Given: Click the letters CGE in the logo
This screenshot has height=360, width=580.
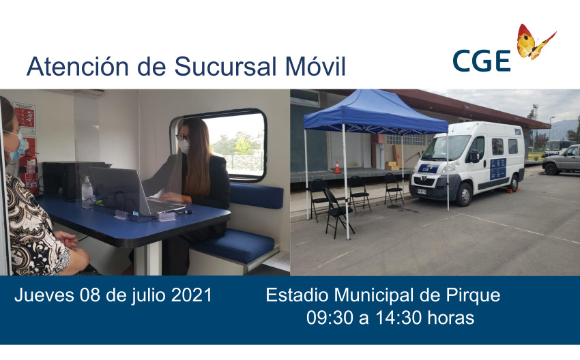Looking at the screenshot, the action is [x=482, y=61].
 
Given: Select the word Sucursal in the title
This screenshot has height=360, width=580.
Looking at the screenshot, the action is [x=225, y=67].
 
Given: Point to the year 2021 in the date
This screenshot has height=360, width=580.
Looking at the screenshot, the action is [x=192, y=295].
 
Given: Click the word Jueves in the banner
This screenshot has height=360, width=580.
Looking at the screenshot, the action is [x=44, y=295].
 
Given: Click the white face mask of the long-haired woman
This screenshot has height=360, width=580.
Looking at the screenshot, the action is [x=184, y=147].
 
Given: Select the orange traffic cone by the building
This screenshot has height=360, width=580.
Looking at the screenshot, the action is [x=337, y=167].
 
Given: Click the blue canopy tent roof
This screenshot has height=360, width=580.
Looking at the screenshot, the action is [x=375, y=112].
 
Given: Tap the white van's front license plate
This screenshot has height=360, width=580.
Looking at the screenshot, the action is [x=422, y=192].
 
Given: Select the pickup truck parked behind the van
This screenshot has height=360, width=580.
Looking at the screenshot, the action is [x=561, y=160].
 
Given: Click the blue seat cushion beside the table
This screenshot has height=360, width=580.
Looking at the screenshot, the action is [x=234, y=245].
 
